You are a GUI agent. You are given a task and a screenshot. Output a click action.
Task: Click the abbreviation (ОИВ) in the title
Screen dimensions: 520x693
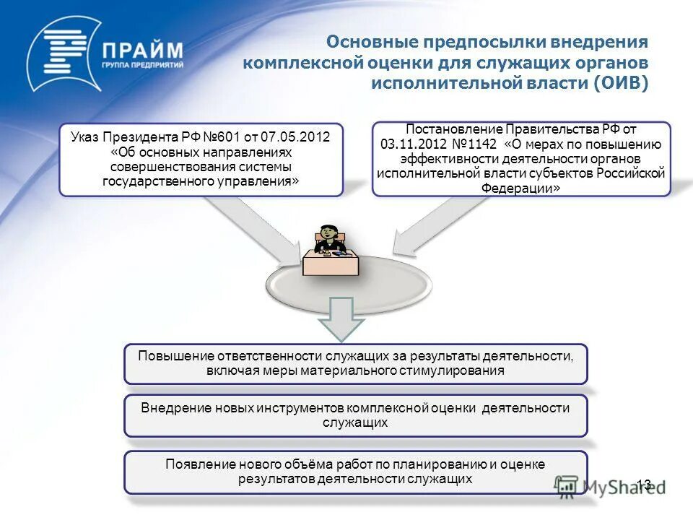pyautogui.click(x=622, y=83)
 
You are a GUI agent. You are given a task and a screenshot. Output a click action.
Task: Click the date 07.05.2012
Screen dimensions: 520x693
pyautogui.click(x=295, y=136)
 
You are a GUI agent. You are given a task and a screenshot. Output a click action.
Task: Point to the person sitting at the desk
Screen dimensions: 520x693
pyautogui.click(x=328, y=238)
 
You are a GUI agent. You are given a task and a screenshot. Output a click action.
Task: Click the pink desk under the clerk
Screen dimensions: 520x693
pyautogui.click(x=330, y=263)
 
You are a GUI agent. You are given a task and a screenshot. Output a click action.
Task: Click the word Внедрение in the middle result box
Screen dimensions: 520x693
pyautogui.click(x=174, y=408)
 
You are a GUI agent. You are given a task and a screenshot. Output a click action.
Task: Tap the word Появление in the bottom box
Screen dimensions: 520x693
pyautogui.click(x=196, y=464)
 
